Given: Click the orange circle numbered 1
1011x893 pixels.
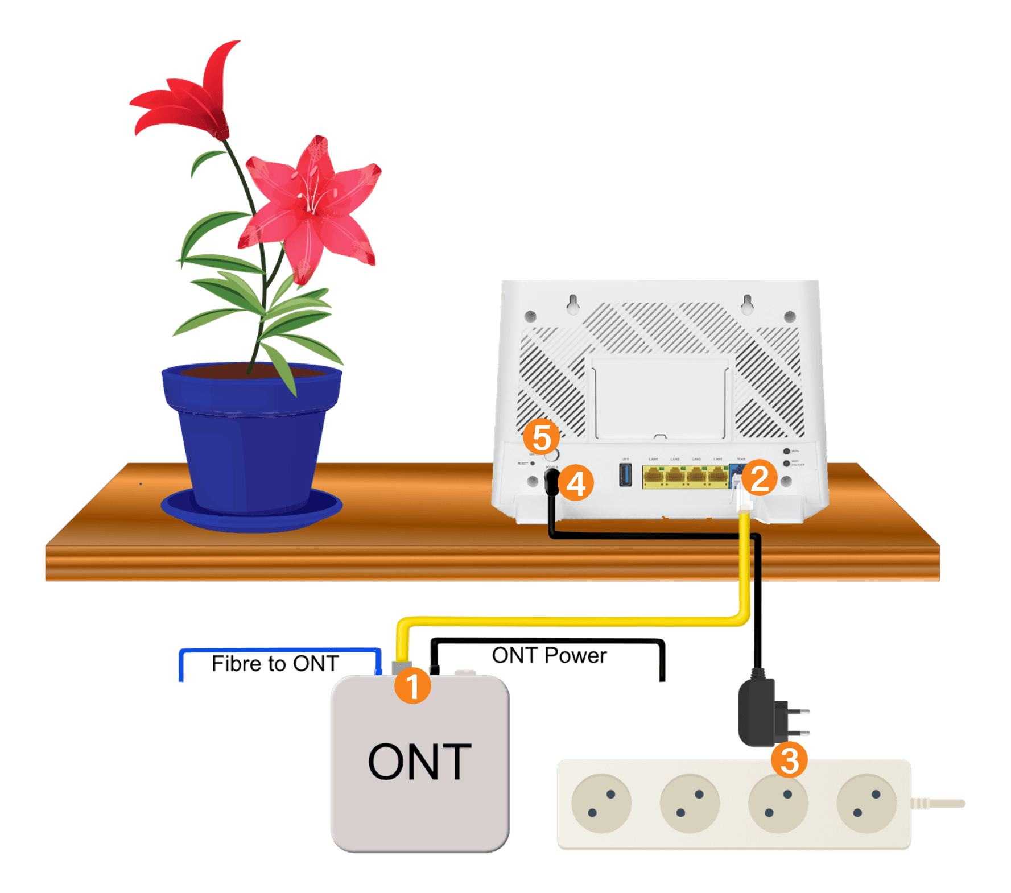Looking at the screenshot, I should click(412, 685).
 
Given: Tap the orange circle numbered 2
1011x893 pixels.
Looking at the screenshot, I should click(760, 478).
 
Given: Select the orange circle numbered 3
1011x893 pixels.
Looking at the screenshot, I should click(789, 760).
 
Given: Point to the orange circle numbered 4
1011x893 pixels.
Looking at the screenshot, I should click(576, 483).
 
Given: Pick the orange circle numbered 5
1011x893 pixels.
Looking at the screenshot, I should click(541, 437).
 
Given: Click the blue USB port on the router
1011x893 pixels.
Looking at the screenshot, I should click(625, 475).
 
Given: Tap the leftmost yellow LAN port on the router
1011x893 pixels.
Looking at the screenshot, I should click(654, 477).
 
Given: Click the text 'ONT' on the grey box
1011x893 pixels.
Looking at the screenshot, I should click(420, 762).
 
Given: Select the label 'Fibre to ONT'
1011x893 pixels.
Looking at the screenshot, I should click(275, 664).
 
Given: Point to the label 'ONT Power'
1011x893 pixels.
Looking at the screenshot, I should click(549, 656).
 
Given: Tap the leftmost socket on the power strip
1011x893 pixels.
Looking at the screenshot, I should click(601, 804).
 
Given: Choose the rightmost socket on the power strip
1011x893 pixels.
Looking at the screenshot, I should click(866, 804).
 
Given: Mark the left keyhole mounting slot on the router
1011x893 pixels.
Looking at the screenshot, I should click(573, 303).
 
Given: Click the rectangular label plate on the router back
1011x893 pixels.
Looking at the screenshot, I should click(660, 398).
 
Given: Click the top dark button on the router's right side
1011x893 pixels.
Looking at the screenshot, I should click(787, 452).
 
